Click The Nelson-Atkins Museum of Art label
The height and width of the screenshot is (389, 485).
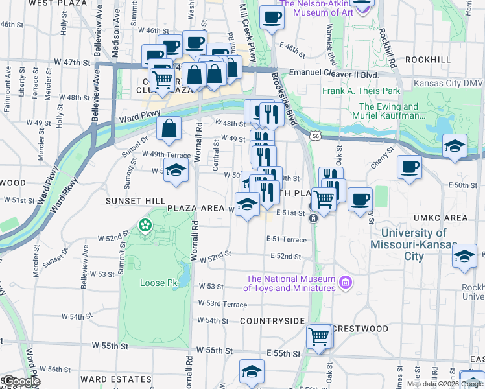point(318,7)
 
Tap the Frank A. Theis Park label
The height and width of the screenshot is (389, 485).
point(361,91)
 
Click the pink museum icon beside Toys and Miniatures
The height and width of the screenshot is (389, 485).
point(345,283)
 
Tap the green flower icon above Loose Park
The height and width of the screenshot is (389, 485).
point(144,226)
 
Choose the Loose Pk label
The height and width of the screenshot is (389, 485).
point(154,283)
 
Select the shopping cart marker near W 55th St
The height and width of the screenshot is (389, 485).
point(318,336)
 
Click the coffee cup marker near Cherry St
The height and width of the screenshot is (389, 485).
point(409,167)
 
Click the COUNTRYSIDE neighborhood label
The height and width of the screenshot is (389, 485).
point(272,321)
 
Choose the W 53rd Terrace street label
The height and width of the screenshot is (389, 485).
point(222,304)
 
